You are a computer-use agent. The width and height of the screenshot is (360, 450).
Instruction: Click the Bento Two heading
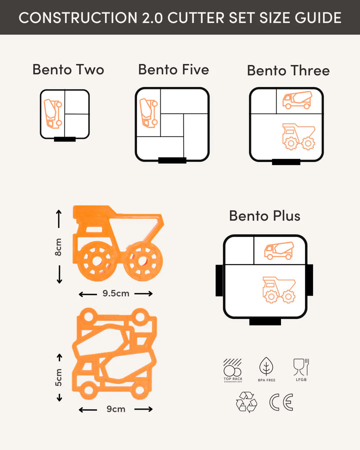(68, 69)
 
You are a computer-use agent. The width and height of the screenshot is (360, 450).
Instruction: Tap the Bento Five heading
(173, 69)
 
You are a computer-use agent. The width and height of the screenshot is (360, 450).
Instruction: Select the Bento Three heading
(288, 70)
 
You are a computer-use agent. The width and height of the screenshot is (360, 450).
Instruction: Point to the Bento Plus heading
(264, 216)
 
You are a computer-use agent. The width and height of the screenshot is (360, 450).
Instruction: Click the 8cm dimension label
(58, 247)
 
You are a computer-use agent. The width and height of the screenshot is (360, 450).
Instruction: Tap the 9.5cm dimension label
(115, 293)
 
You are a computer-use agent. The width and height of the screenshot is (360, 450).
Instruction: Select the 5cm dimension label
(58, 377)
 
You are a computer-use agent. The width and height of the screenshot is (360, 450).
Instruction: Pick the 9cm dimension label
(115, 408)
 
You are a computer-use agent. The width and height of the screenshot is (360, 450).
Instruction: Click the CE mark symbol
(281, 402)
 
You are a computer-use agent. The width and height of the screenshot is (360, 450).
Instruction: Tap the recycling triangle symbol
(246, 402)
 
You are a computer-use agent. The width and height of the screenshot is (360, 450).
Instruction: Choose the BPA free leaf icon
(266, 366)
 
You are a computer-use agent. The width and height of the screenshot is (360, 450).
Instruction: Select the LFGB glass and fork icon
(301, 367)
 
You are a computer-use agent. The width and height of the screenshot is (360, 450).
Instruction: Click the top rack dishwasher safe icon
(233, 367)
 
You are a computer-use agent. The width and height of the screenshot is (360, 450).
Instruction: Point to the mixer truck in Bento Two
(53, 113)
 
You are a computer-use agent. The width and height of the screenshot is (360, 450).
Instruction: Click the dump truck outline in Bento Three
(298, 136)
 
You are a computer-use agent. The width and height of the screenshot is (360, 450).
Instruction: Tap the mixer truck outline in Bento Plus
(279, 251)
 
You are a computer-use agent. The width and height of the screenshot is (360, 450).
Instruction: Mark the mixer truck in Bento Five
(148, 113)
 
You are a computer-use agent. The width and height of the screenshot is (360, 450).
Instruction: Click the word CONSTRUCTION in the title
(78, 18)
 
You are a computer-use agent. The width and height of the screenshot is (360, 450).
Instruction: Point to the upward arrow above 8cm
(59, 218)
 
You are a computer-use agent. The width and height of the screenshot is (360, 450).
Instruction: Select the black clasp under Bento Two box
(65, 139)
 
